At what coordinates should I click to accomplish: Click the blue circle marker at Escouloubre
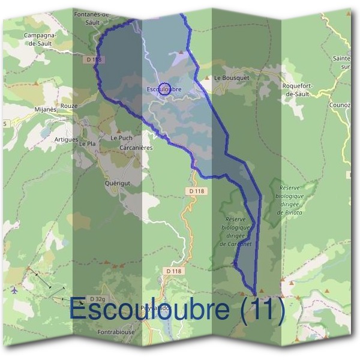(165, 88)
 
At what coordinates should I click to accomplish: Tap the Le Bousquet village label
(231, 78)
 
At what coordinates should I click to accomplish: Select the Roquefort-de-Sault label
(298, 90)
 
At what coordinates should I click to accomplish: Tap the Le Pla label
(87, 144)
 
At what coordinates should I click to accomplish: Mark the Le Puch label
(121, 138)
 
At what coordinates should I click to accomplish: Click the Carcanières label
(136, 148)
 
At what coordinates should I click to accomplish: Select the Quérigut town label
(118, 184)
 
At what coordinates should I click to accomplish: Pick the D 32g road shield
(97, 299)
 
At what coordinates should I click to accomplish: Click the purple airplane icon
(14, 290)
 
